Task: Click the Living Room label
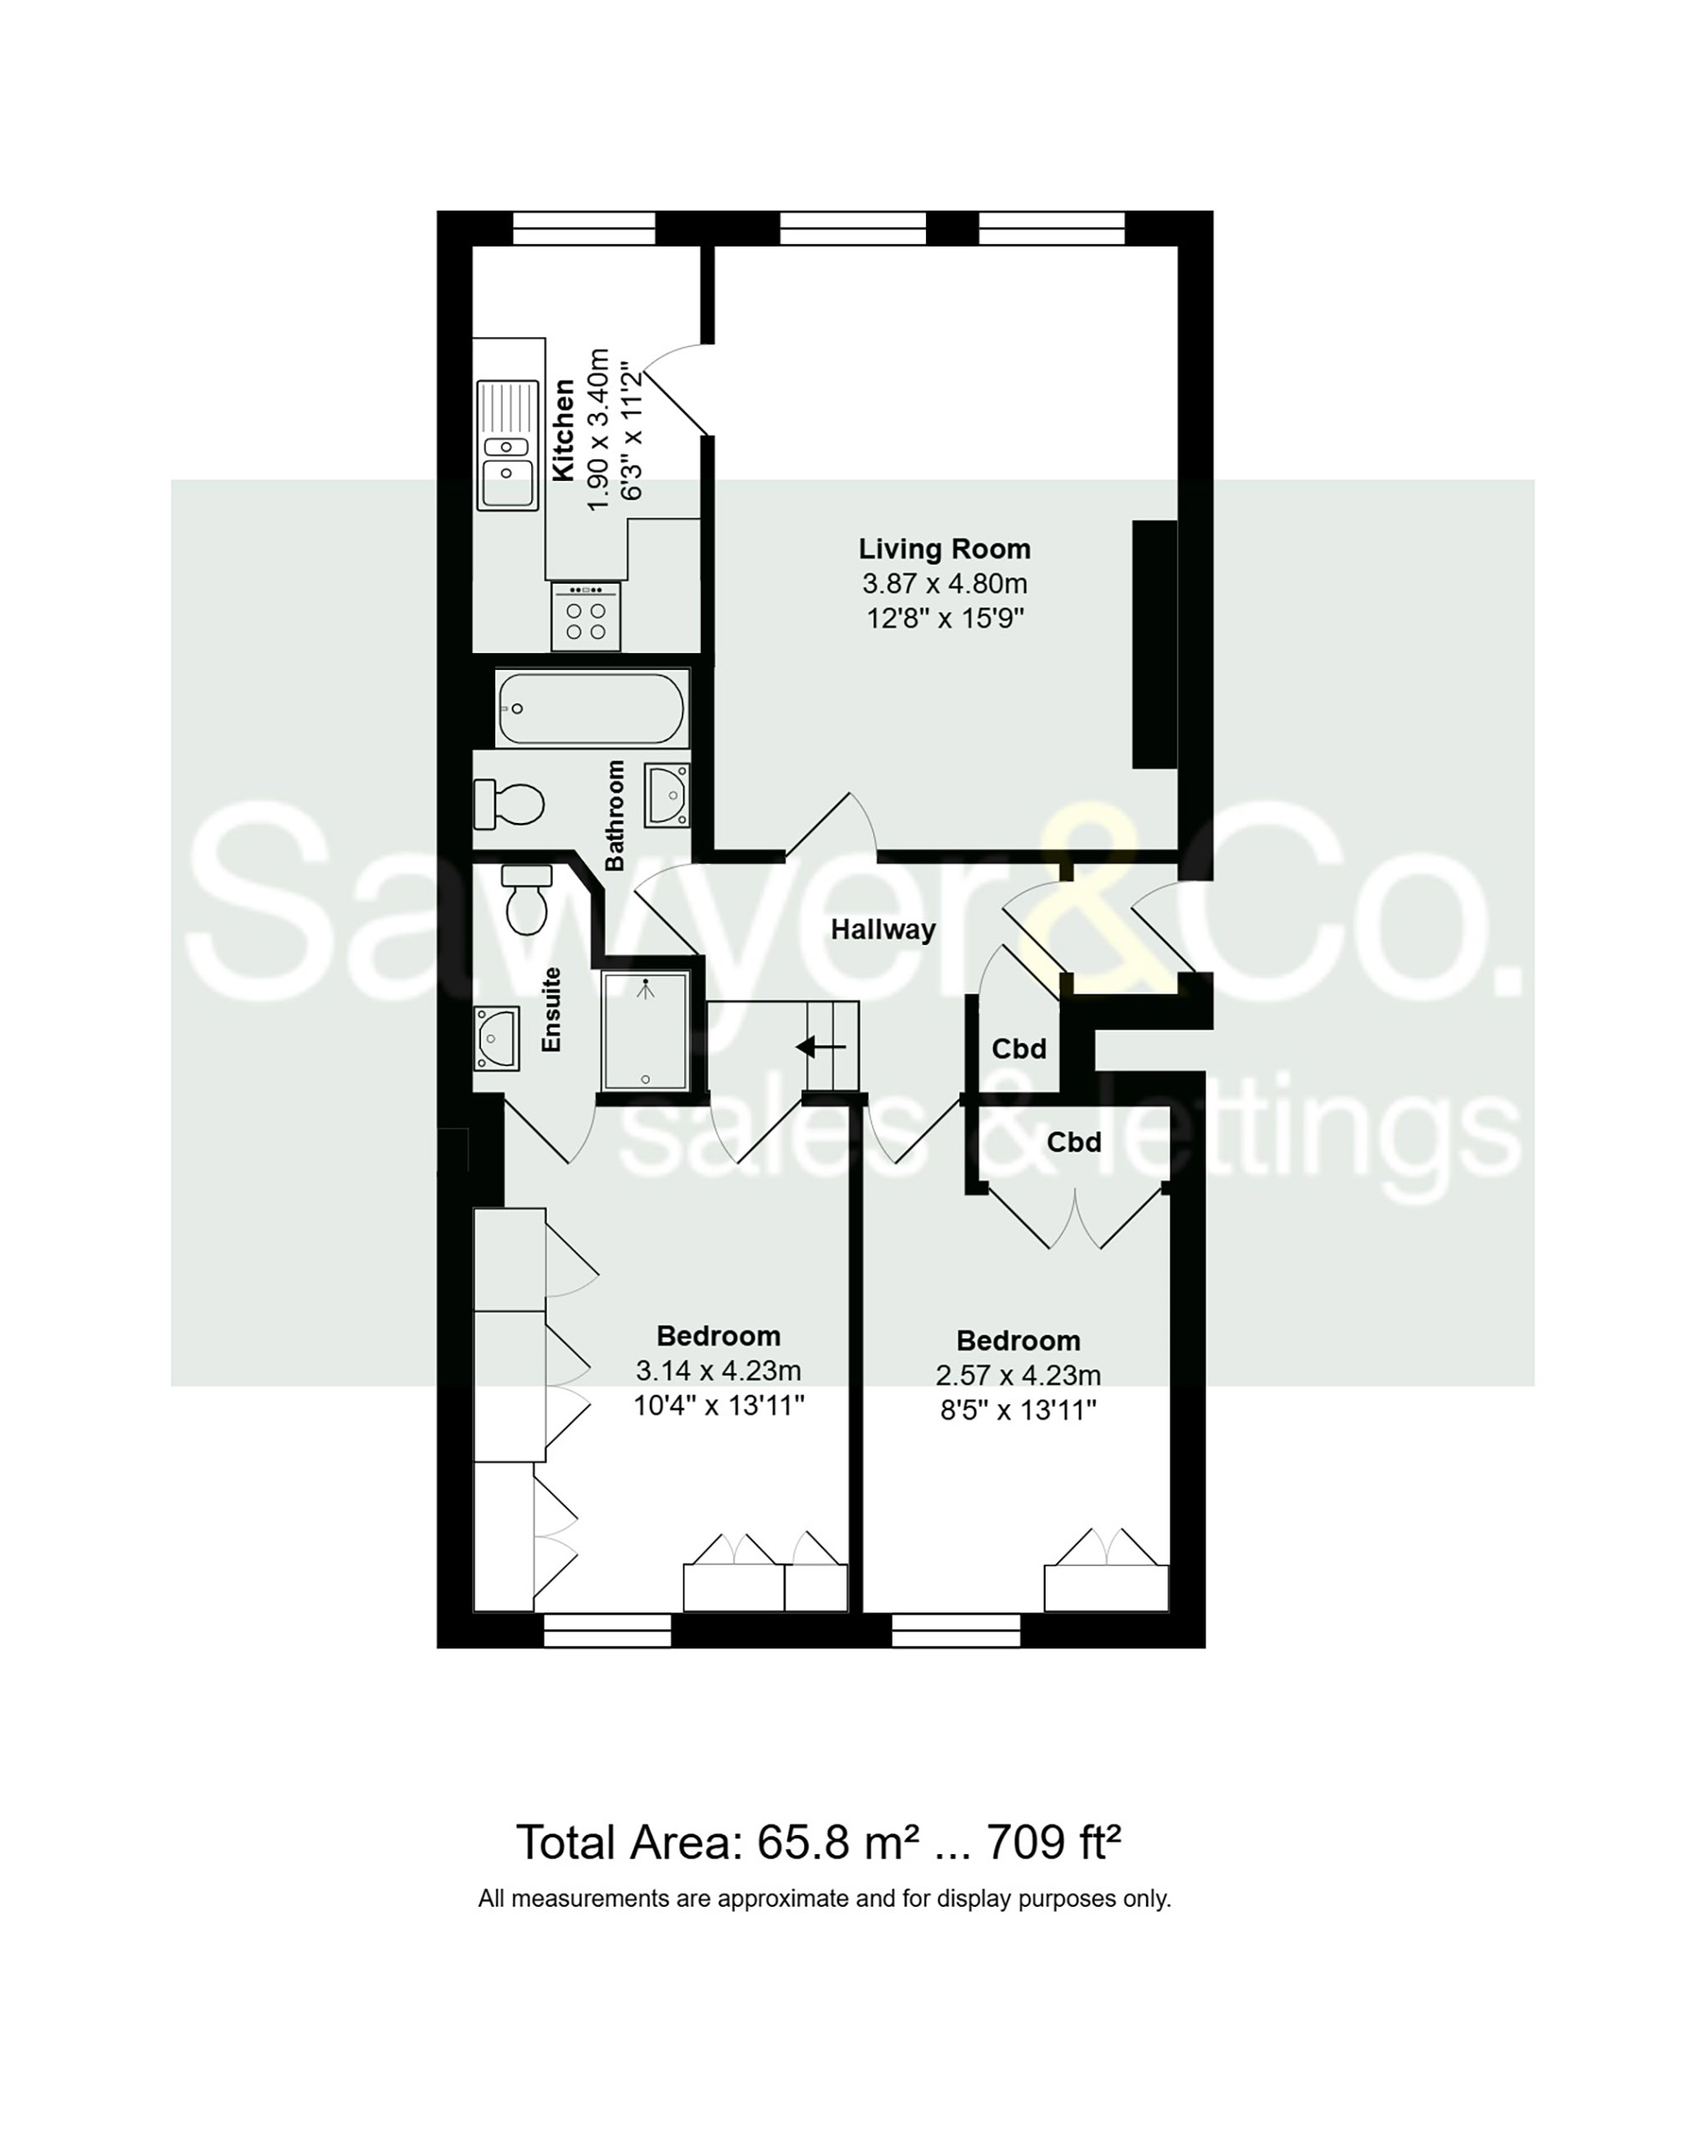pos(944,549)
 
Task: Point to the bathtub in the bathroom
pos(591,709)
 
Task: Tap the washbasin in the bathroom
pos(668,795)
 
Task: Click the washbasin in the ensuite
pos(497,1038)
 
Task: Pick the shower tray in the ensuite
pos(646,1031)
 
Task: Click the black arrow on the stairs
pos(820,1046)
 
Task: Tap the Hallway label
pos(883,930)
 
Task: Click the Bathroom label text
pos(615,815)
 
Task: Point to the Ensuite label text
pos(551,1009)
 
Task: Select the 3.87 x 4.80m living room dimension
pos(944,584)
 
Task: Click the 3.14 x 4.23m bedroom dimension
pos(718,1371)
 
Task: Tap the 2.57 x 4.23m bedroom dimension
pos(1017,1376)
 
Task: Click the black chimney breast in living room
pos(1154,644)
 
